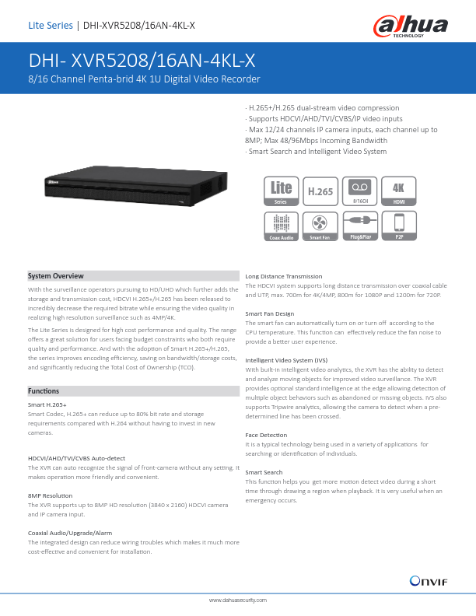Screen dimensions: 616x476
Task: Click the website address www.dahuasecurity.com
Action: [238, 600]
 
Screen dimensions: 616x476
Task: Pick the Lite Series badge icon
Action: [281, 191]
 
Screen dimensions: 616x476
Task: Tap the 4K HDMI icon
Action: [399, 191]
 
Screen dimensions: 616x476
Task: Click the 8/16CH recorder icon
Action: [360, 191]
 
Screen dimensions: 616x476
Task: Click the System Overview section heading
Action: [55, 276]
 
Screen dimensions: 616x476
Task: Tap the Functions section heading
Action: [43, 390]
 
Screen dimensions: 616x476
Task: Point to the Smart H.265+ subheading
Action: [47, 405]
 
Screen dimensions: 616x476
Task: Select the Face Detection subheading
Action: [266, 434]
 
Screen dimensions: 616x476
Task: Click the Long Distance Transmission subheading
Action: [283, 276]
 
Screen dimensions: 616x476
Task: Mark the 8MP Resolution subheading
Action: [51, 495]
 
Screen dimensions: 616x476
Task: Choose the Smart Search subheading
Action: [264, 472]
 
